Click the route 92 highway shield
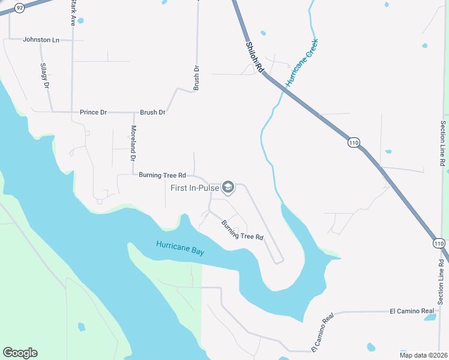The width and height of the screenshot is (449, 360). pyautogui.click(x=20, y=8)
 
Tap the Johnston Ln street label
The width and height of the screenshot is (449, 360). pyautogui.click(x=41, y=40)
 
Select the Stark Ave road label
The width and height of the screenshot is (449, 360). pyautogui.click(x=73, y=13)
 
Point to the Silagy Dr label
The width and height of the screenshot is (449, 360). pyautogui.click(x=44, y=75)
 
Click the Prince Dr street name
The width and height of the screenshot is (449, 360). pyautogui.click(x=93, y=112)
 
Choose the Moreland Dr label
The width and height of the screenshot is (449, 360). pyautogui.click(x=133, y=142)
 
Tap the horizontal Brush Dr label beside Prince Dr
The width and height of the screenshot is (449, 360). pyautogui.click(x=152, y=112)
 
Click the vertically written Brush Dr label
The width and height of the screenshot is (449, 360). pyautogui.click(x=196, y=78)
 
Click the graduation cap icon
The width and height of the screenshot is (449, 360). pyautogui.click(x=228, y=188)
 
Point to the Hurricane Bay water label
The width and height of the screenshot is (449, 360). pyautogui.click(x=180, y=248)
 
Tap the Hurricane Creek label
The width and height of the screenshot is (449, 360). pyautogui.click(x=301, y=64)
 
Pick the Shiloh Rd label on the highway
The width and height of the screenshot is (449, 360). pyautogui.click(x=255, y=58)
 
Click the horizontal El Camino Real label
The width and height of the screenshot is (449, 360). pyautogui.click(x=412, y=311)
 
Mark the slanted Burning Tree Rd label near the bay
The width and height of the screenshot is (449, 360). pyautogui.click(x=243, y=230)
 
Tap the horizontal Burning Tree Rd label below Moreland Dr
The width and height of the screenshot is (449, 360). pyautogui.click(x=162, y=176)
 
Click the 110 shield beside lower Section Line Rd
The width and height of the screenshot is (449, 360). pyautogui.click(x=439, y=243)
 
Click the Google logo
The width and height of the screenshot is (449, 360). pyautogui.click(x=20, y=353)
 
